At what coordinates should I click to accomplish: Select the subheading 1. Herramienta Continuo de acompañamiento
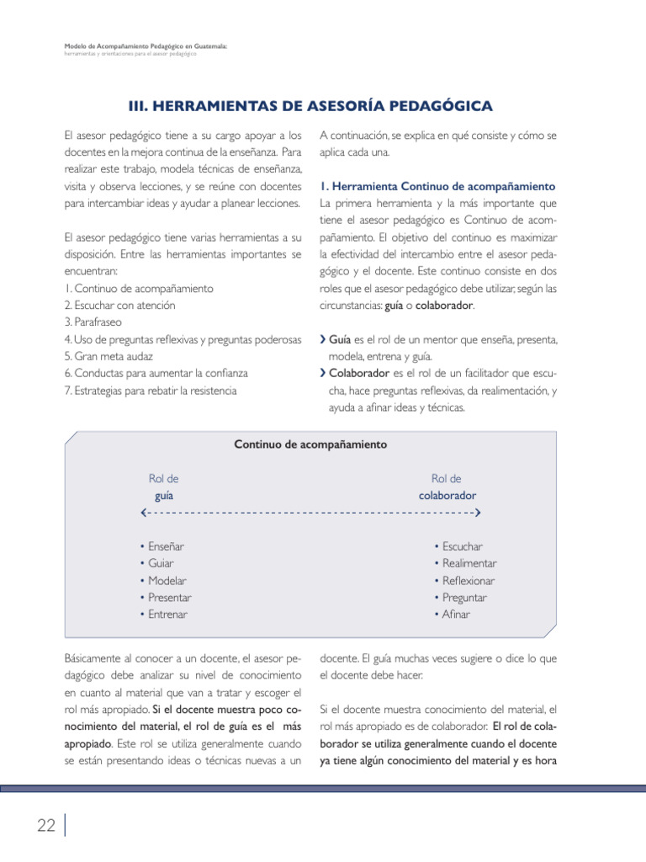(x=437, y=185)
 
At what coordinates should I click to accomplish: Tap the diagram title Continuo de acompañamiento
(x=310, y=444)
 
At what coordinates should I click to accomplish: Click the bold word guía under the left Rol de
(x=164, y=495)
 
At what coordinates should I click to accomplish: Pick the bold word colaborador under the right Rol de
(x=447, y=495)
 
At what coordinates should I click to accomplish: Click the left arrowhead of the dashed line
(x=146, y=512)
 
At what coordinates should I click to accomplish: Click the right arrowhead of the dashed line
(x=477, y=512)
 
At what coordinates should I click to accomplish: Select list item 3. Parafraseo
(x=96, y=322)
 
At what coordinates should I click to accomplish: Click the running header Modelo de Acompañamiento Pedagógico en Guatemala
(x=146, y=46)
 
